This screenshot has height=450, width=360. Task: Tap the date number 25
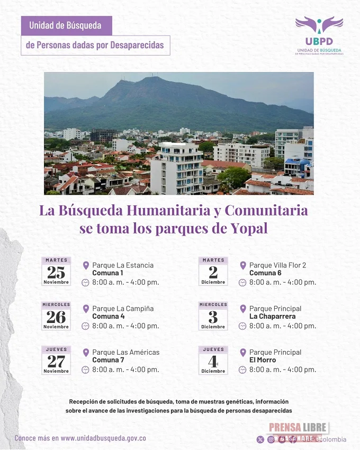pos(56,272)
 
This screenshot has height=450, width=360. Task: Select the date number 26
pos(56,317)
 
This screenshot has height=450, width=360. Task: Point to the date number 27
pos(56,361)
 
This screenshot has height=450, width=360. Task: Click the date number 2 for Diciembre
pos(213,272)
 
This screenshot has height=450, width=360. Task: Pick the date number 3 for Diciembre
pos(213,317)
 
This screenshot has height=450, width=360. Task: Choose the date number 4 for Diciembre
pos(213,361)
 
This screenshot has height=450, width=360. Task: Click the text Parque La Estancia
pos(123,265)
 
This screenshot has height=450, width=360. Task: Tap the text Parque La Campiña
pos(123,308)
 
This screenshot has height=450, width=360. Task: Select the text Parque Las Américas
pos(125,352)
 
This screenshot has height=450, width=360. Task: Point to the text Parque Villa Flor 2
pos(277,265)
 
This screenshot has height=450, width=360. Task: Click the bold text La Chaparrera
pos(273,317)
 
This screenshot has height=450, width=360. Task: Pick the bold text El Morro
pos(263,360)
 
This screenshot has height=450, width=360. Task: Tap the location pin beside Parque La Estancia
pos(86,265)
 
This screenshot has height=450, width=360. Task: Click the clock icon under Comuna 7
pos(85,370)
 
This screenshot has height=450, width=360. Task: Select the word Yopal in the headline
pos(249,229)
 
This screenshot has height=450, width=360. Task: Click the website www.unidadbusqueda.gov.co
pos(103,438)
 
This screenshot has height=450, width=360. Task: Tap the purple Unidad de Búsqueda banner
pos(67,25)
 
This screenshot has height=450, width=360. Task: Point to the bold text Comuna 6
pos(265,273)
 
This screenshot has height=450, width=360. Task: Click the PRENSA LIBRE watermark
pos(299,428)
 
